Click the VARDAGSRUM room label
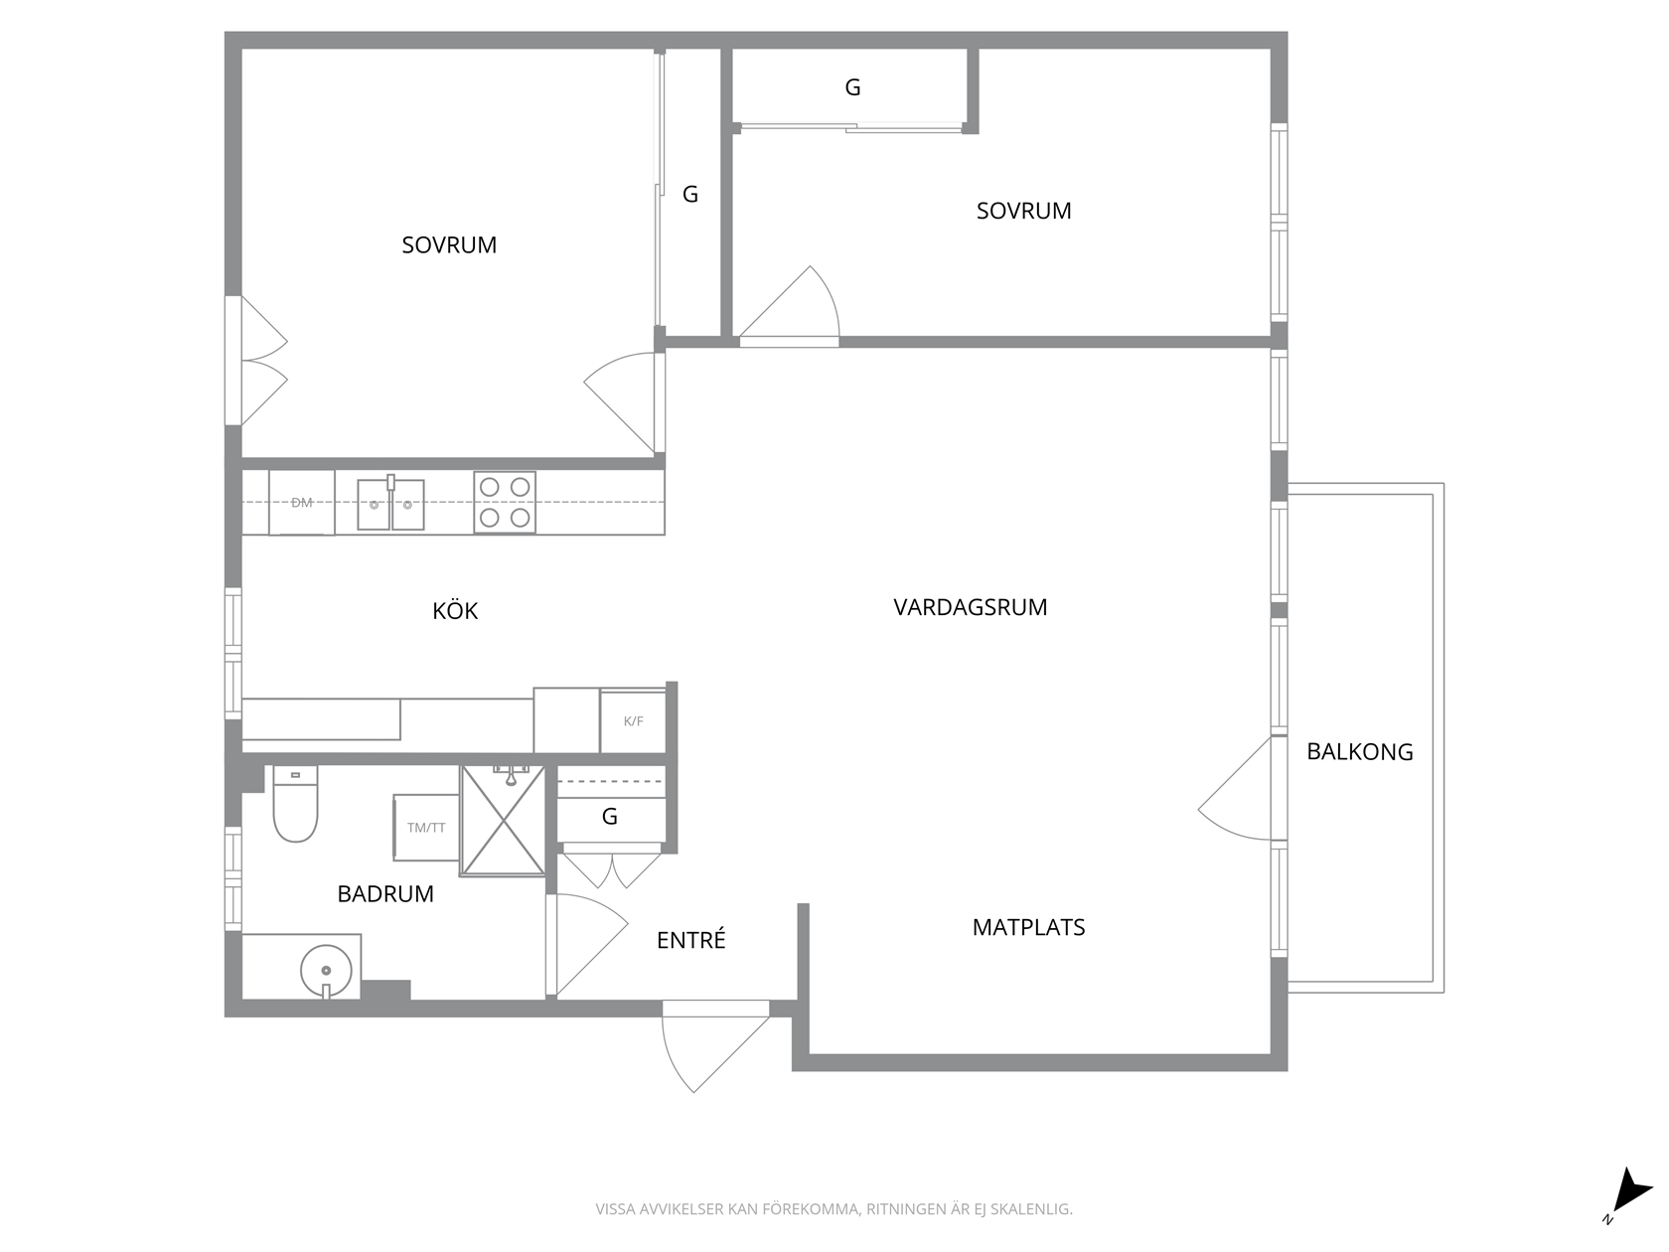pyautogui.click(x=971, y=607)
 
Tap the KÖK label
pyautogui.click(x=455, y=610)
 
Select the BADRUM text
pyautogui.click(x=385, y=894)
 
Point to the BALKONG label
pyautogui.click(x=1359, y=752)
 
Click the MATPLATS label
pyautogui.click(x=1029, y=927)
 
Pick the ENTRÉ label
pyautogui.click(x=691, y=940)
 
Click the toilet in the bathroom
pyautogui.click(x=295, y=804)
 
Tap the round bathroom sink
pyautogui.click(x=326, y=971)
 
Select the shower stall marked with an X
pyautogui.click(x=504, y=820)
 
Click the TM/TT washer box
pyautogui.click(x=426, y=828)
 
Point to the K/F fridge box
pyautogui.click(x=634, y=721)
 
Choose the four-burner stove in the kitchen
pyautogui.click(x=505, y=503)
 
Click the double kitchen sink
pyautogui.click(x=390, y=504)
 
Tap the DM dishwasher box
pyautogui.click(x=302, y=503)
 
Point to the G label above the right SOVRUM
pyautogui.click(x=852, y=88)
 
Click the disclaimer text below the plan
pyautogui.click(x=834, y=1209)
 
